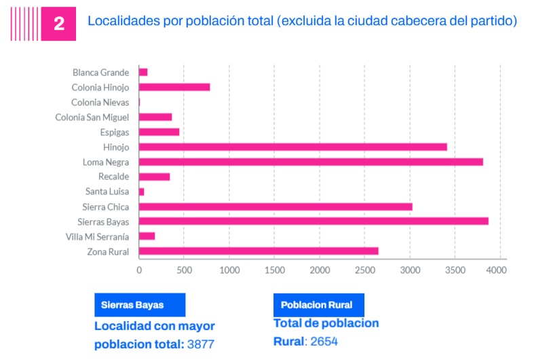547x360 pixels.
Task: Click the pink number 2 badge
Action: click(x=58, y=24)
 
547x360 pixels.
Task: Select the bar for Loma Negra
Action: click(x=311, y=162)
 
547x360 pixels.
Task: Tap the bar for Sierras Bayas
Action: click(x=314, y=221)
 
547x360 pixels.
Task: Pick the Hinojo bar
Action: click(x=293, y=147)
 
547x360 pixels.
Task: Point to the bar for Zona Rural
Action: click(x=259, y=251)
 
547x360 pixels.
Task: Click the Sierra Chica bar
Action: click(x=276, y=206)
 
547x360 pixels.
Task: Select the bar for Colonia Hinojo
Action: click(x=174, y=87)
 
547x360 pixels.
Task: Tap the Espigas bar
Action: click(x=159, y=132)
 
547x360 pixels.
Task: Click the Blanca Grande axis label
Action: click(x=100, y=72)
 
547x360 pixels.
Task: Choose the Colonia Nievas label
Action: click(x=100, y=102)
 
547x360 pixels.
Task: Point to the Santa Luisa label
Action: click(x=107, y=192)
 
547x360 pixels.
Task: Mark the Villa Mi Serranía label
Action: click(x=97, y=236)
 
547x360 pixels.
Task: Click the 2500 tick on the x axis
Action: click(x=364, y=270)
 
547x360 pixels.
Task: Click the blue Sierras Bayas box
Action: click(x=140, y=304)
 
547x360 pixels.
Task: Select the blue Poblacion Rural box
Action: click(x=318, y=304)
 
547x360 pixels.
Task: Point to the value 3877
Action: click(x=200, y=344)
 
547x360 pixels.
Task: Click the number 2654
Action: click(x=324, y=341)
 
